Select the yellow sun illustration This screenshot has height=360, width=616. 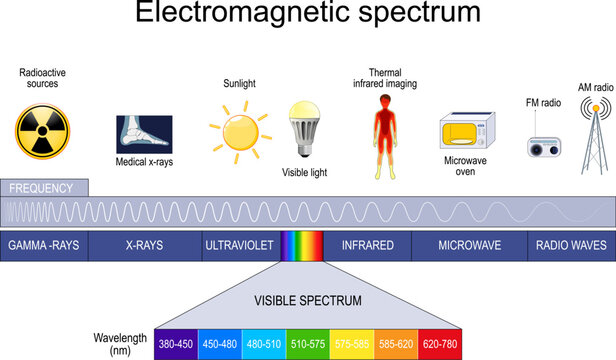tap(239, 135)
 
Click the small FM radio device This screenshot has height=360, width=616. tap(546, 144)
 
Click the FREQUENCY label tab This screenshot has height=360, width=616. tap(44, 188)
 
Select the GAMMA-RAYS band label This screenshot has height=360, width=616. tap(44, 245)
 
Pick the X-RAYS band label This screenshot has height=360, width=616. tap(144, 245)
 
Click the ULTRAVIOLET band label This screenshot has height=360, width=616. tap(239, 245)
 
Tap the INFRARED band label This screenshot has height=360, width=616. tap(368, 245)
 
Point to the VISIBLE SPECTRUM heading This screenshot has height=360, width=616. tap(307, 300)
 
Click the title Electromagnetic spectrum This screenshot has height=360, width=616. tap(307, 17)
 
